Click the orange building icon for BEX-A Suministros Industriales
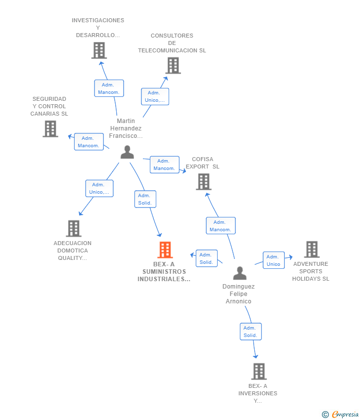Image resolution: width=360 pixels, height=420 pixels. click(x=165, y=250)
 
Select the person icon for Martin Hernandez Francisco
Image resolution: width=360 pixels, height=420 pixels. click(x=127, y=152)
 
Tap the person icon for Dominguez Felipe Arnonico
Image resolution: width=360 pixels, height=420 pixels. click(x=240, y=273)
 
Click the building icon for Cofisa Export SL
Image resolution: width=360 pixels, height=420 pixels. click(x=203, y=181)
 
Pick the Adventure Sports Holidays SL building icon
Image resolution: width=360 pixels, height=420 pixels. click(x=312, y=250)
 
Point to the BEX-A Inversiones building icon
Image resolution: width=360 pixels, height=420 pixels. click(x=259, y=371)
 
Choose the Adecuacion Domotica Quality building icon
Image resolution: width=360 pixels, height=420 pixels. click(x=74, y=228)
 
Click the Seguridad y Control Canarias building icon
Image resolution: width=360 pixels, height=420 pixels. click(x=50, y=128)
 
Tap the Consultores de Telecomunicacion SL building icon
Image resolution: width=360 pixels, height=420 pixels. click(x=173, y=65)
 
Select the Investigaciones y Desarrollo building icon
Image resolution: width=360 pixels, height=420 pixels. click(x=99, y=50)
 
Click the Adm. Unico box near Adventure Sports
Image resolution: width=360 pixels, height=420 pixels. click(x=273, y=260)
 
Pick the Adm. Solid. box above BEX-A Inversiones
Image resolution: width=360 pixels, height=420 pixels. click(x=250, y=332)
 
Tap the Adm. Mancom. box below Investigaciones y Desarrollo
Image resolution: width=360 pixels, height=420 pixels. click(x=109, y=88)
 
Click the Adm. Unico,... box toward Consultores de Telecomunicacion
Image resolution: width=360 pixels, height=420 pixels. click(x=155, y=96)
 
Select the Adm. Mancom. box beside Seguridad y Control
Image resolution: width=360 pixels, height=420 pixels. click(x=89, y=142)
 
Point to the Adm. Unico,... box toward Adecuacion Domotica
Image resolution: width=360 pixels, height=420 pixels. click(x=99, y=188)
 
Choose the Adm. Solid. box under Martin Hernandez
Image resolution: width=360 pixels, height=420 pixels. click(x=145, y=199)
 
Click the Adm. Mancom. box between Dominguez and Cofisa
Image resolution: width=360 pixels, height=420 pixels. click(x=221, y=226)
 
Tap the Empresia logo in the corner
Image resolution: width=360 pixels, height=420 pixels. click(x=340, y=414)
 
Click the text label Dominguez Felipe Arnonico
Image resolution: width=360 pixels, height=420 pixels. click(x=238, y=294)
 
